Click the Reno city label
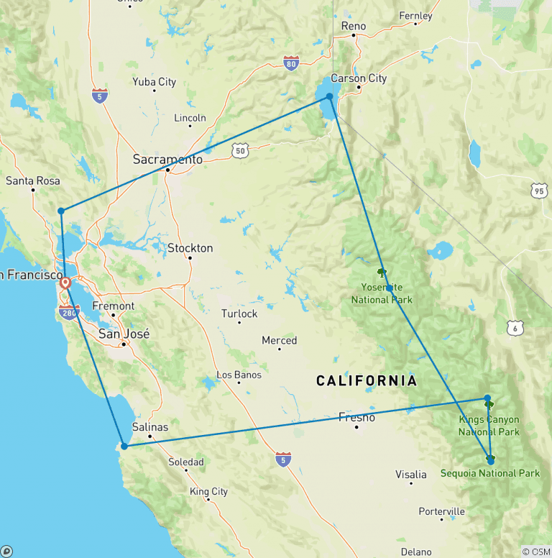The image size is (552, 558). tap(354, 27)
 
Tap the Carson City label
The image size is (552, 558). tap(359, 78)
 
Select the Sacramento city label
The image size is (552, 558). tap(168, 160)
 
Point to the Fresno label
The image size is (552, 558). tap(356, 417)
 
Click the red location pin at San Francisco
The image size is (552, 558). tap(65, 283)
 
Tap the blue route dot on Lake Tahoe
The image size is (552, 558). tap(329, 96)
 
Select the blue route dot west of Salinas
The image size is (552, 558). tap(124, 446)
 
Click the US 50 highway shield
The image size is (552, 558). tap(240, 150)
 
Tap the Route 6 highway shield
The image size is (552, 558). tap(515, 328)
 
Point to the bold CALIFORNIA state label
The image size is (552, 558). tap(366, 381)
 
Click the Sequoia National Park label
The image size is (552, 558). tap(489, 473)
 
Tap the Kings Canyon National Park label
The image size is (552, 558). tap(489, 426)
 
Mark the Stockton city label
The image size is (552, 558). tap(190, 248)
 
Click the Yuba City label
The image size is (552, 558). tap(154, 82)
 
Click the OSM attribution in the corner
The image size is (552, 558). tap(535, 552)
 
